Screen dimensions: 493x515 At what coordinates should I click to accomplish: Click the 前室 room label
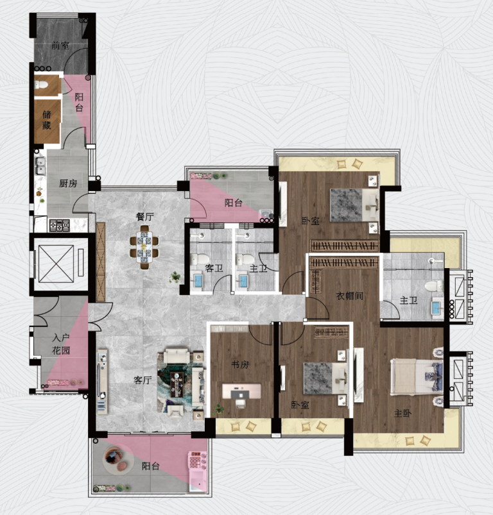click(60, 46)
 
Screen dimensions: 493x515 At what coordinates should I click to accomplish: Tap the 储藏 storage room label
click(47, 120)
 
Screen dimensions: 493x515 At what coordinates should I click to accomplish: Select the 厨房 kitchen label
click(68, 183)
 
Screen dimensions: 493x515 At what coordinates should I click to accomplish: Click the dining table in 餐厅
click(144, 247)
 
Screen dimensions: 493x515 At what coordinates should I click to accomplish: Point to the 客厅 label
click(143, 380)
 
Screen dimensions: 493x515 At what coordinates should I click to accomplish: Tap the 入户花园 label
click(61, 344)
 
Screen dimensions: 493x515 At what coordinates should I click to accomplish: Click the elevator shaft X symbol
click(56, 264)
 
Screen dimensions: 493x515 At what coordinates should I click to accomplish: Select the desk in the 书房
click(241, 391)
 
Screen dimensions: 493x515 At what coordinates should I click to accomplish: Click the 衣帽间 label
click(349, 296)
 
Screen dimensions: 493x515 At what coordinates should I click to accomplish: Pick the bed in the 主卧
click(417, 376)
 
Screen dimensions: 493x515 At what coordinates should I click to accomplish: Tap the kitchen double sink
click(40, 165)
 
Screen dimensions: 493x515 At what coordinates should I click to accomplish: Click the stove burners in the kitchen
click(60, 225)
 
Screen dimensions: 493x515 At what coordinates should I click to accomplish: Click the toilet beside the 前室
click(42, 85)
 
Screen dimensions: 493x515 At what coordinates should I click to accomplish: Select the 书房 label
click(240, 364)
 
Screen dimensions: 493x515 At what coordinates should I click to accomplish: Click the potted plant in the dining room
click(175, 277)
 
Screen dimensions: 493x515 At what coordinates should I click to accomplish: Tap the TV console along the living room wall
click(102, 382)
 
